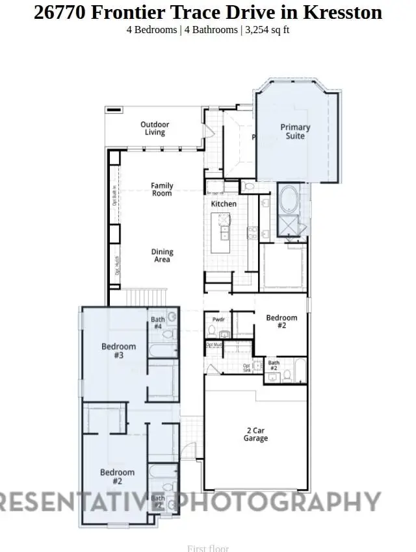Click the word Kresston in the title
[x=344, y=12]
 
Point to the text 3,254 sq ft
[x=266, y=31]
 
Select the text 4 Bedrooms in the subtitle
[x=151, y=31]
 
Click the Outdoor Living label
[x=155, y=129]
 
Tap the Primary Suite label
[x=295, y=131]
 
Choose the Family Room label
[x=162, y=189]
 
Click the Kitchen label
[x=224, y=204]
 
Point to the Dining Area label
[x=162, y=255]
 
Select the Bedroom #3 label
[x=118, y=351]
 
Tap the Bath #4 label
[x=158, y=323]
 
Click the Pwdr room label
[x=219, y=320]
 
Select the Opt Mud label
[x=214, y=345]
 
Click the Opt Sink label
[x=247, y=368]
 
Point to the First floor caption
[x=208, y=548]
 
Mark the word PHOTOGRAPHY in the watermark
[x=279, y=501]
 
